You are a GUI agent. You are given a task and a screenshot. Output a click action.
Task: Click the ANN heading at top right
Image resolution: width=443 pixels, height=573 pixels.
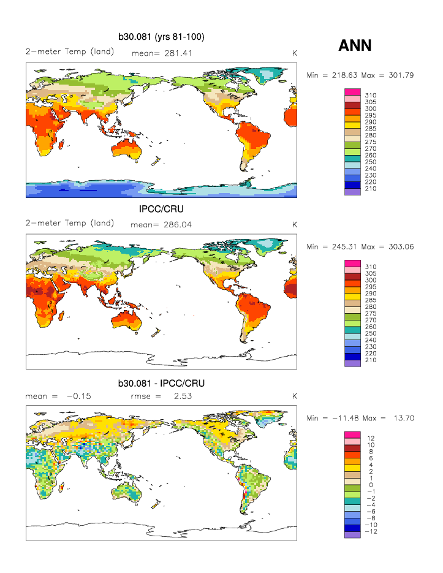coord(355,45)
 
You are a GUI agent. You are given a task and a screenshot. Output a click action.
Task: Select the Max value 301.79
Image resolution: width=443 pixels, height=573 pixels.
coord(401,75)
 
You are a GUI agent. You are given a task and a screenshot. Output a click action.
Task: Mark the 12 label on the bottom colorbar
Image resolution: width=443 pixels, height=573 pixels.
coord(371,438)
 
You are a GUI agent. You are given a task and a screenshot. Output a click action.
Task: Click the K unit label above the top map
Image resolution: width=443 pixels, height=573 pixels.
coord(295,53)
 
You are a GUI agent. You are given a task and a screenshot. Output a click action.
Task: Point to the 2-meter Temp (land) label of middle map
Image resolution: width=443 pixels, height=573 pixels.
coord(70,224)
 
